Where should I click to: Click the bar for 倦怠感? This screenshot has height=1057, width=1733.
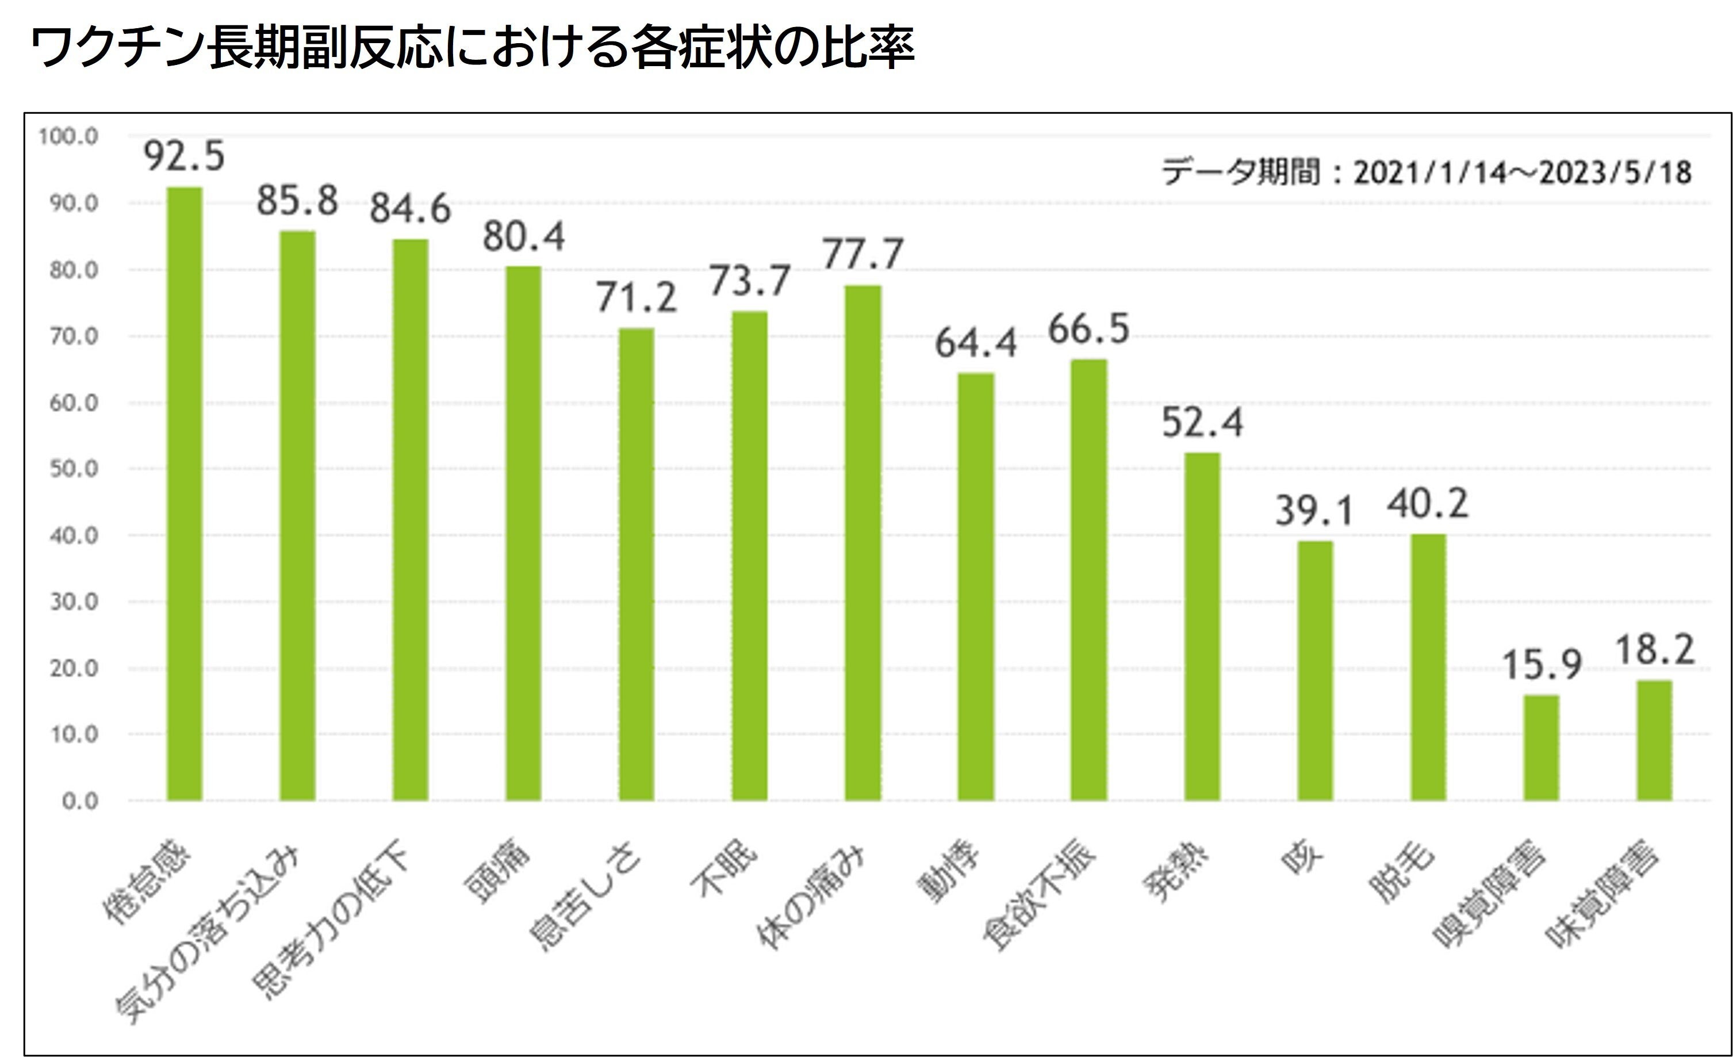pos(184,492)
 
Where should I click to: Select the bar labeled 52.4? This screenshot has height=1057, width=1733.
pos(1202,626)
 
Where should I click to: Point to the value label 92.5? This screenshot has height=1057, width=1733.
pos(184,156)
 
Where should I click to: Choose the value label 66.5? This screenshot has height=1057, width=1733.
pos(1089,329)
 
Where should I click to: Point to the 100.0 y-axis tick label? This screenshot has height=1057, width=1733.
pos(68,136)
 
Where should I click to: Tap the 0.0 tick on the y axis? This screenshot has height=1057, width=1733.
pos(79,801)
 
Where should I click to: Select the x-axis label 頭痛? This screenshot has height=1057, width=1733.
pos(497,872)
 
